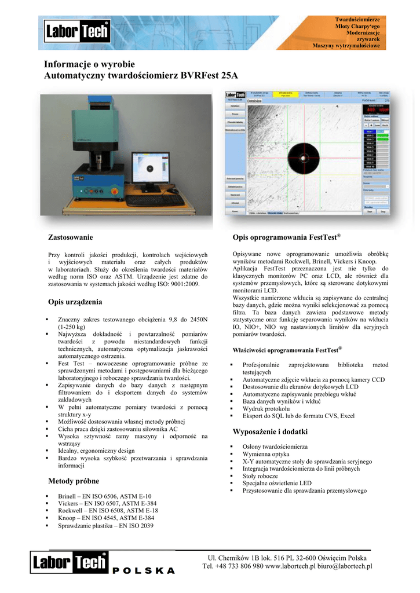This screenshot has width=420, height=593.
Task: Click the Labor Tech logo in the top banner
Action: click(77, 31)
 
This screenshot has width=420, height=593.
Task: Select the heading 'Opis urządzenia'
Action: click(75, 302)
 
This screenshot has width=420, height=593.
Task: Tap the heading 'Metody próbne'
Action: click(74, 481)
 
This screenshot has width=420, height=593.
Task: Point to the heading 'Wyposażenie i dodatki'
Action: click(270, 432)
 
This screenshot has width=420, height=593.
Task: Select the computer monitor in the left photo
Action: click(149, 169)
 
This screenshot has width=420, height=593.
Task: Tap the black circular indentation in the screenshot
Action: click(304, 155)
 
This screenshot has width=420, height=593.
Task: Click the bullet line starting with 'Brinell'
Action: click(104, 496)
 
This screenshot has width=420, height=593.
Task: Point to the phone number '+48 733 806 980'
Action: click(240, 566)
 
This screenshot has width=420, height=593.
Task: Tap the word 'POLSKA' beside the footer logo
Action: click(144, 570)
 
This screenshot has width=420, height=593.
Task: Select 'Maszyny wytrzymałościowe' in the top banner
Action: click(346, 45)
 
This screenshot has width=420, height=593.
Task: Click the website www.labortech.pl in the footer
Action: click(290, 566)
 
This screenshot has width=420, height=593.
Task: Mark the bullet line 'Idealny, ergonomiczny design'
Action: click(96, 451)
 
